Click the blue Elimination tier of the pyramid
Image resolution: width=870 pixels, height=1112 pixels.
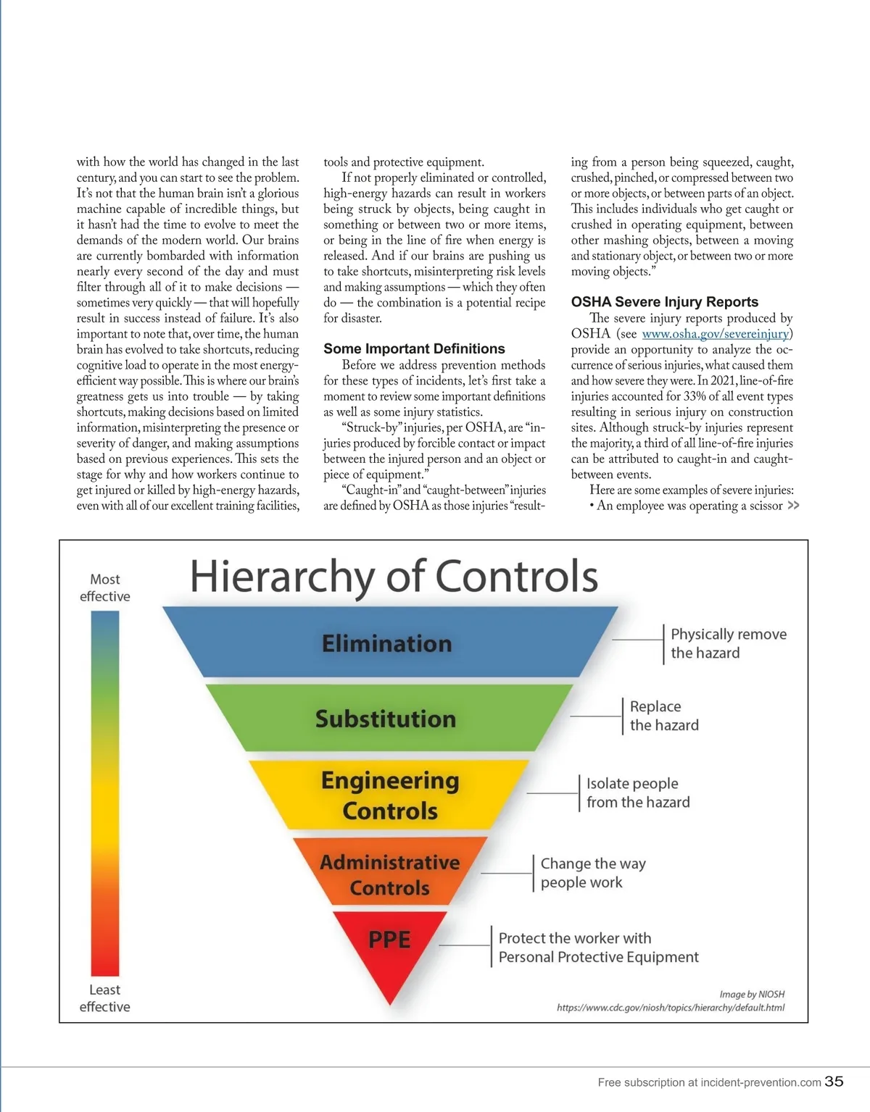click(x=387, y=643)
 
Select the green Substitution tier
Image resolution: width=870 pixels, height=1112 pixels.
click(x=386, y=719)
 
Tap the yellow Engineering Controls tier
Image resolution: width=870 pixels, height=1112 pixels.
click(x=390, y=795)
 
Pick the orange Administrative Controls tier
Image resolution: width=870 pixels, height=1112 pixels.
click(x=390, y=874)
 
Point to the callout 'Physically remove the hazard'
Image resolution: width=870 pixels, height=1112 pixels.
click(x=728, y=643)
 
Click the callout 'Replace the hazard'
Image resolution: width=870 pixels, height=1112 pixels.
click(x=663, y=716)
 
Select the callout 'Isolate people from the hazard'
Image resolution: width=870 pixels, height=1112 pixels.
click(x=637, y=793)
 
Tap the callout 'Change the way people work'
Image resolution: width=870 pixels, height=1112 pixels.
click(x=592, y=873)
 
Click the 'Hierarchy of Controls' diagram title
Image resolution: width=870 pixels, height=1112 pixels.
click(x=394, y=576)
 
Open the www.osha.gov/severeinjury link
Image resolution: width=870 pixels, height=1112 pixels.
click(x=716, y=334)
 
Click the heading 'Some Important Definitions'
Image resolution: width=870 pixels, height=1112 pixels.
click(x=414, y=348)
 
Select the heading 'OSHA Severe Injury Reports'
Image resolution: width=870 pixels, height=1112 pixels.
click(x=664, y=302)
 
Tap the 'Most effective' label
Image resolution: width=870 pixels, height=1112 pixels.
click(x=105, y=588)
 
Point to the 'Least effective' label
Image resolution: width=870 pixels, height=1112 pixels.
click(x=105, y=998)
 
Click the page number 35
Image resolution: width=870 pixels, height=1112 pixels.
click(x=834, y=1081)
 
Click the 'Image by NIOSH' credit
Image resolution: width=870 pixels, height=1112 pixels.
click(x=752, y=995)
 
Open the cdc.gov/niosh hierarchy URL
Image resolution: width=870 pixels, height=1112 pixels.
click(x=670, y=1008)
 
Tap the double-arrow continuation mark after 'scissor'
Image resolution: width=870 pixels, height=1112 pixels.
click(x=793, y=506)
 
